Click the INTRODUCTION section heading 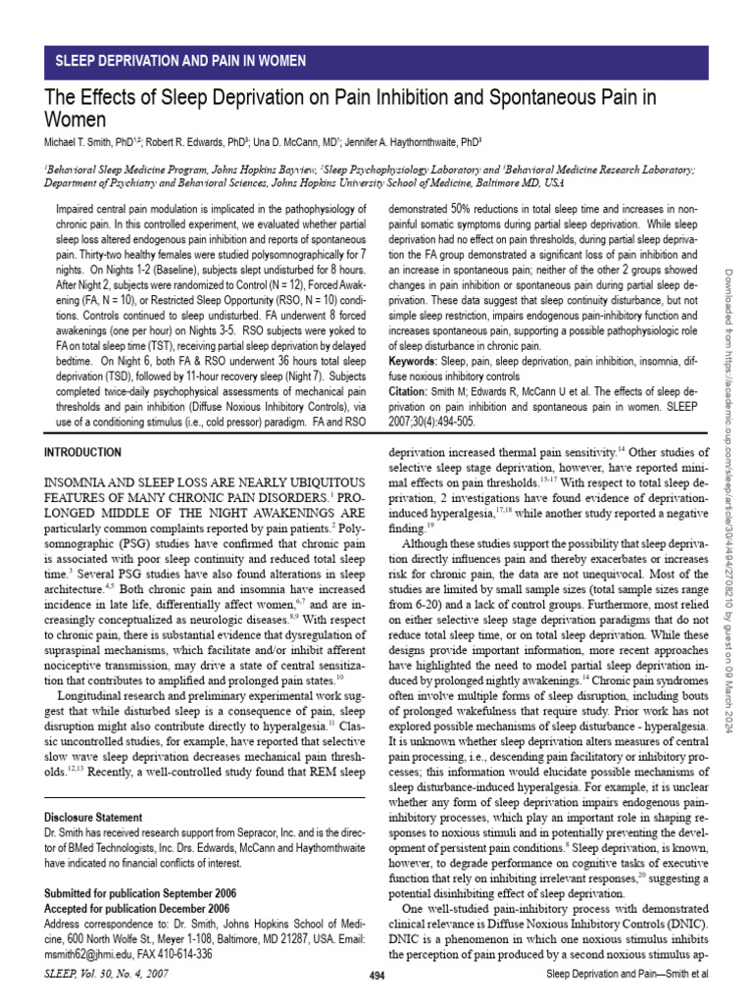click(x=83, y=452)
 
